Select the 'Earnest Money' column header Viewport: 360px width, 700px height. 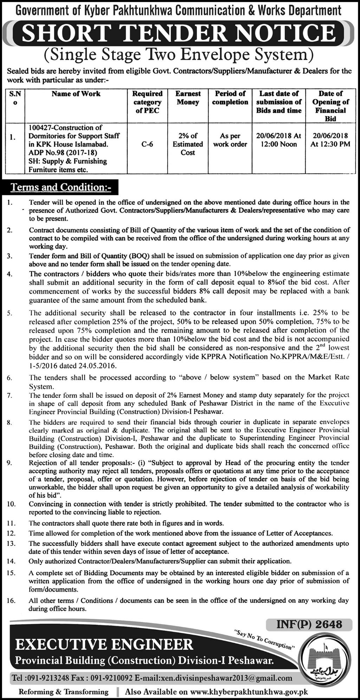(x=188, y=98)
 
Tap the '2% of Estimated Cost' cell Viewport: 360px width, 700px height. (x=188, y=144)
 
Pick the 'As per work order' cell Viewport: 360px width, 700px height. (x=230, y=140)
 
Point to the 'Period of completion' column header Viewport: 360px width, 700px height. (x=230, y=98)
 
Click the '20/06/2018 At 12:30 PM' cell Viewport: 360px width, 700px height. (x=330, y=140)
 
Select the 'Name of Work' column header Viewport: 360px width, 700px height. (x=76, y=94)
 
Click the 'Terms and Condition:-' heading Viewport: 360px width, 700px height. (x=61, y=187)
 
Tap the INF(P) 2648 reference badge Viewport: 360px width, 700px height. (x=309, y=624)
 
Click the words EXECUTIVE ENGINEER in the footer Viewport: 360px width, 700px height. (x=104, y=644)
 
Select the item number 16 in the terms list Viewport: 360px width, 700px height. (x=11, y=601)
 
